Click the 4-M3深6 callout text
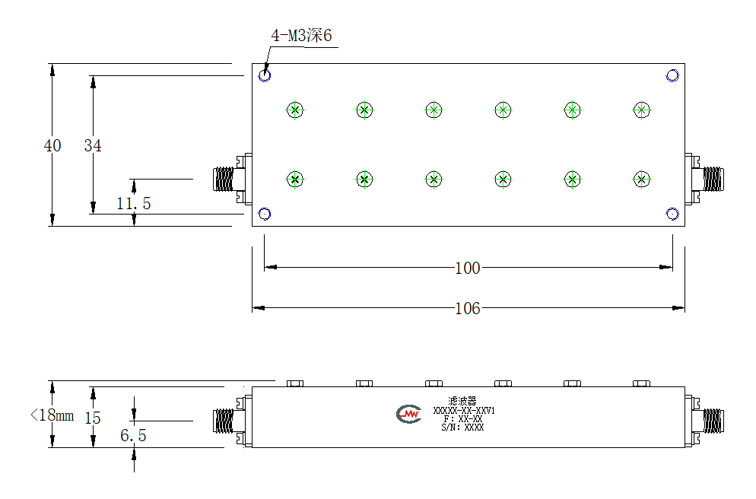tap(301, 35)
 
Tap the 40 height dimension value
tap(52, 145)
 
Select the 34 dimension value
tap(93, 145)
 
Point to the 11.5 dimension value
tap(134, 203)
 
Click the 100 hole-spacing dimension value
tap(468, 268)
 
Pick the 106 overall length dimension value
tap(468, 308)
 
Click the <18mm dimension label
tap(52, 415)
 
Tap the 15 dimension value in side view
tap(93, 418)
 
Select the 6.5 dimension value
tap(134, 435)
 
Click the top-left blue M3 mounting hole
tap(265, 75)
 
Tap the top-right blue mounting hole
tap(672, 75)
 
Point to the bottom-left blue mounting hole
tap(265, 214)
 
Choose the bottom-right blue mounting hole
tap(672, 214)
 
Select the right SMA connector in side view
tap(704, 421)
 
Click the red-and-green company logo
tap(409, 414)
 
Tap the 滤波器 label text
tap(462, 401)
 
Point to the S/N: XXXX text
tap(462, 427)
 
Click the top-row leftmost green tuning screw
tap(295, 110)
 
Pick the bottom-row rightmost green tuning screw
tap(642, 180)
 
